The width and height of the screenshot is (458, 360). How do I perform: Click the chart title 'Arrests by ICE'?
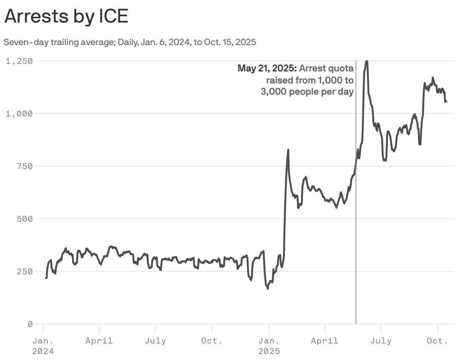(x=66, y=17)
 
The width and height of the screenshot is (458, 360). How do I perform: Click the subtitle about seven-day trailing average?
(x=130, y=42)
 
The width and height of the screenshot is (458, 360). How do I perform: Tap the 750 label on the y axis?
(x=24, y=166)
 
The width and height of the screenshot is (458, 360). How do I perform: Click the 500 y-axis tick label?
(x=24, y=219)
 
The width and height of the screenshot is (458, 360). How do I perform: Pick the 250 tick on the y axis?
(x=24, y=271)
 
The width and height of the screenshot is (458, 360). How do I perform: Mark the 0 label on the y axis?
(x=30, y=324)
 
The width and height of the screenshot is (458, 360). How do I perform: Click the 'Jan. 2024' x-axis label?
(x=43, y=346)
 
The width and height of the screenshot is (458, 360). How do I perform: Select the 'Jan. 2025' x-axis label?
(x=269, y=346)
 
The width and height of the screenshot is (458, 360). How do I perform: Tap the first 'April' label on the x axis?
(x=99, y=341)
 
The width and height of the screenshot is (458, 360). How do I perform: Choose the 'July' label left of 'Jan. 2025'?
(x=155, y=341)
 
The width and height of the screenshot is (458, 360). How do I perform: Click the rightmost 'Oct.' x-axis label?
(x=438, y=341)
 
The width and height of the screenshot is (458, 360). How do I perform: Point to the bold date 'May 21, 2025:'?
(x=267, y=68)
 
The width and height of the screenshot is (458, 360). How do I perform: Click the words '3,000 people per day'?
(x=307, y=92)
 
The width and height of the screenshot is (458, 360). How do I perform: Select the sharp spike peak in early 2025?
(x=288, y=150)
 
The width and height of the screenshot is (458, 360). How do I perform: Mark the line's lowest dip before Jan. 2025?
(x=268, y=289)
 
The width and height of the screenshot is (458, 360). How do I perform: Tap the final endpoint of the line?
(x=446, y=101)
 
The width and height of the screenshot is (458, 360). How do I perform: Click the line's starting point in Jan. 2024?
(x=46, y=278)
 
